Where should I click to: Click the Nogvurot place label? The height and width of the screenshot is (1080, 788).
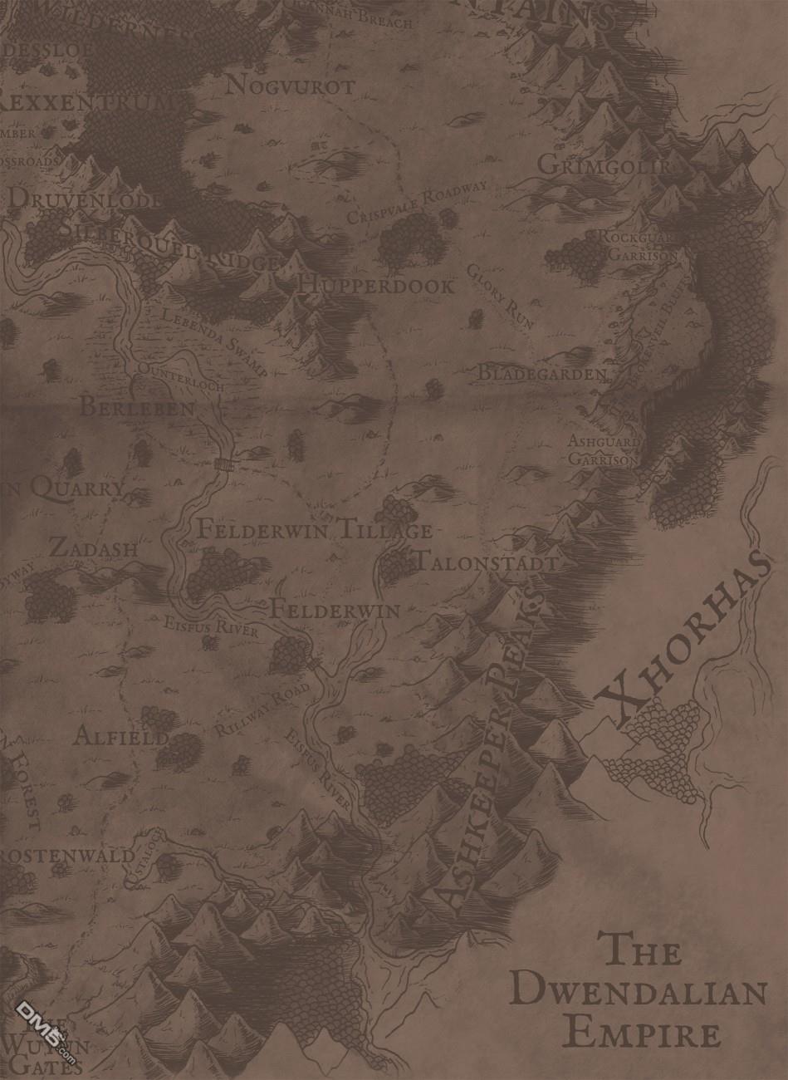290,86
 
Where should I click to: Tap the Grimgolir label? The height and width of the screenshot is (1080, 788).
604,165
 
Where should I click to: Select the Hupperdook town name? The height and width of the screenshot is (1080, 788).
378,287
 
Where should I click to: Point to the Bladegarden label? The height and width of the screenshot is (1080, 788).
542,374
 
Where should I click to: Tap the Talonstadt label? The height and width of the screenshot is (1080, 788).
486,562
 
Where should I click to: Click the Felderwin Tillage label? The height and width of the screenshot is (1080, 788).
314,529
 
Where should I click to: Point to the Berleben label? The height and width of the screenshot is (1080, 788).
137,408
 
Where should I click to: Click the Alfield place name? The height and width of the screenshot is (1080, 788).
121,736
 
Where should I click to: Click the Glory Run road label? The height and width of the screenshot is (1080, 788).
500,296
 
